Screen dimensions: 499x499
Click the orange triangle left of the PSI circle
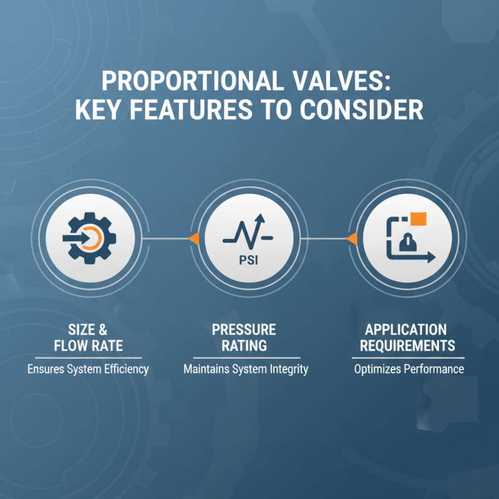coord(194,238)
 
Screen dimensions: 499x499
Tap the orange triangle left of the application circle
coord(352,238)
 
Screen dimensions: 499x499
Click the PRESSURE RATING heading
coord(244,337)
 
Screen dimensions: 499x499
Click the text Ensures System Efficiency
coord(88,369)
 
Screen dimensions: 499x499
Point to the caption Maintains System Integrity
coord(246,369)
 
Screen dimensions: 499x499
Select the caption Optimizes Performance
coord(409,369)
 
